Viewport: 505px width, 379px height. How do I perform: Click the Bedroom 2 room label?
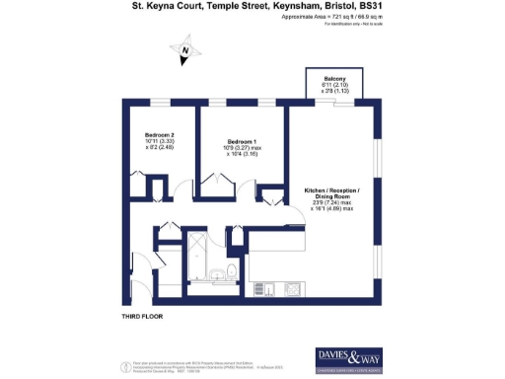coord(159,134)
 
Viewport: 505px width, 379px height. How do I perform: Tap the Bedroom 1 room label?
coord(242,141)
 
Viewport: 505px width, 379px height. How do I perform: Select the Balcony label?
coord(333,82)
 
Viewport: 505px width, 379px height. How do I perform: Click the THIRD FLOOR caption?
coord(140,316)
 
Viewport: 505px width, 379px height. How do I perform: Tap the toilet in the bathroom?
coord(232,271)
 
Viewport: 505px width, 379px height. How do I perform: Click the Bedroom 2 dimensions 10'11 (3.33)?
coord(159,142)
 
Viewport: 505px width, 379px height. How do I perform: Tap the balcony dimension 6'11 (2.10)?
coord(333,90)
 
